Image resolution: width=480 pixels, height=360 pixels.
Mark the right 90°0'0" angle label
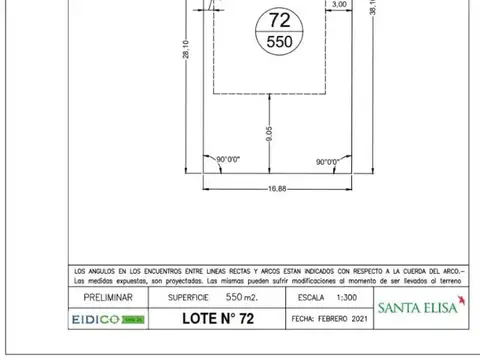tap(327, 160)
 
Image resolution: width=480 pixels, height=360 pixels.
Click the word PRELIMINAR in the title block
tap(107, 298)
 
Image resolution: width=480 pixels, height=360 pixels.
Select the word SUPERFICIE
tap(180, 298)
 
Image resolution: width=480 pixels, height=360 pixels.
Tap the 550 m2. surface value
tap(242, 298)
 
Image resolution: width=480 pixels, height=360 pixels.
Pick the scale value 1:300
tap(347, 298)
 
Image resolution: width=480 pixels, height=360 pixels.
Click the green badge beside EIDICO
tap(134, 319)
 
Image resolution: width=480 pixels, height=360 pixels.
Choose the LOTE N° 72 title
tap(219, 319)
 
